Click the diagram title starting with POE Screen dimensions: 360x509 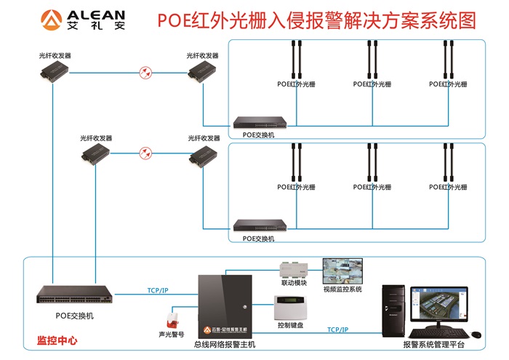click(x=316, y=20)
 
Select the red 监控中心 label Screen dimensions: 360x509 click(x=57, y=340)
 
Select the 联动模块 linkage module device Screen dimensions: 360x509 click(x=294, y=269)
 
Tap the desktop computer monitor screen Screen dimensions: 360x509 click(x=436, y=303)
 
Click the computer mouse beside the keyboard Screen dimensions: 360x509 click(x=476, y=335)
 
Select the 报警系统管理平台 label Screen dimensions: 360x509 click(x=434, y=344)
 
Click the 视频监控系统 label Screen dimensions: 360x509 click(x=342, y=289)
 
